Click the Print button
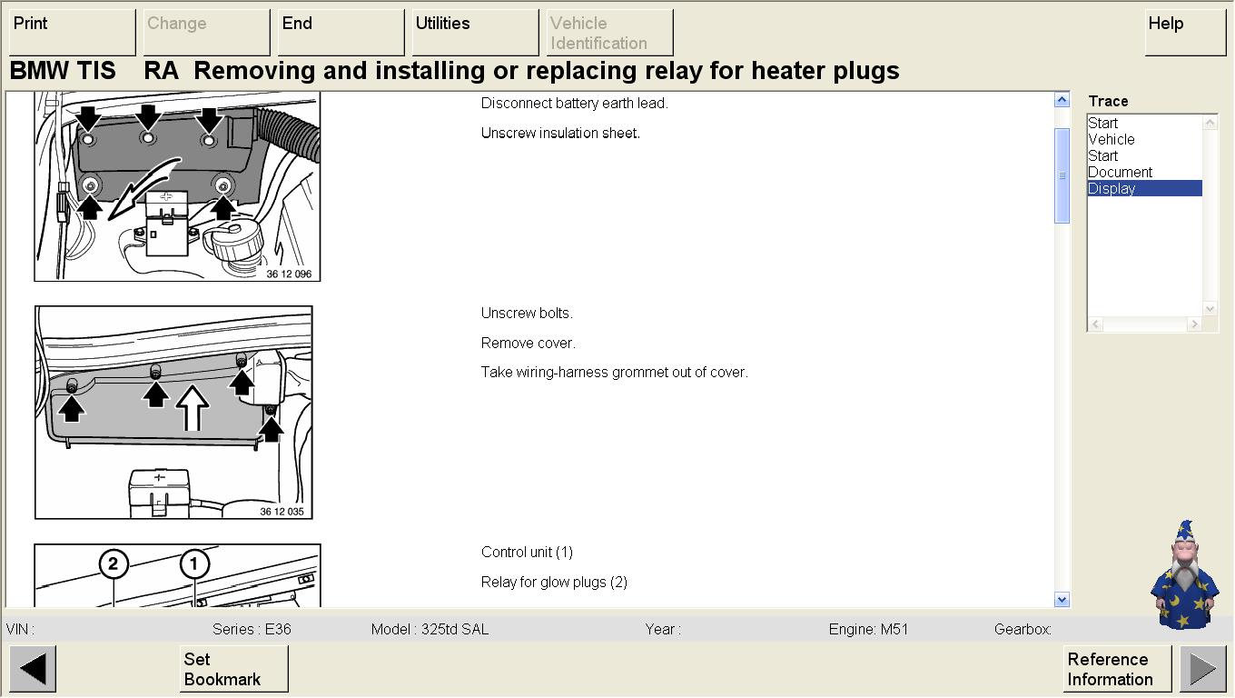(73, 32)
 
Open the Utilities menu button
(475, 32)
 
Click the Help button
(1185, 32)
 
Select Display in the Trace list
(1144, 189)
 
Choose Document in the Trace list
(1120, 172)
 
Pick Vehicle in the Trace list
(1111, 140)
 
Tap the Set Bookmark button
(233, 669)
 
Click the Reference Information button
(1117, 669)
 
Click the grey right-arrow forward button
(1203, 669)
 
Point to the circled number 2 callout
(114, 563)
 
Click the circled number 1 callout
(194, 563)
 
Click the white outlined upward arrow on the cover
(193, 408)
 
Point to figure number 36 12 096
(289, 274)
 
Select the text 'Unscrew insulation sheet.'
(560, 133)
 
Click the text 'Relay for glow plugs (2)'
(554, 583)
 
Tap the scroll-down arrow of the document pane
(1062, 599)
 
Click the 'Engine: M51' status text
(868, 629)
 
